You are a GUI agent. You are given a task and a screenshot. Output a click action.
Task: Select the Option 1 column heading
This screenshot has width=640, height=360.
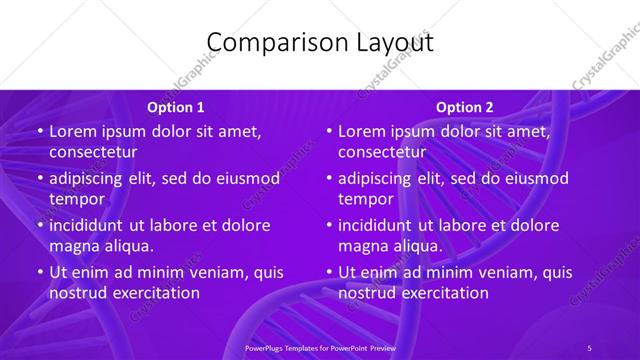coord(176,107)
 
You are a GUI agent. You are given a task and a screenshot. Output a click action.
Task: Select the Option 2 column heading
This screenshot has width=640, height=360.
coord(465,107)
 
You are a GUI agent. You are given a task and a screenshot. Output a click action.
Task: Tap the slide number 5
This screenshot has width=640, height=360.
coord(589,347)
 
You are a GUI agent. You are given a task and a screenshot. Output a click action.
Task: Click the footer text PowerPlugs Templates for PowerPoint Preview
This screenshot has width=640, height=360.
coord(319,347)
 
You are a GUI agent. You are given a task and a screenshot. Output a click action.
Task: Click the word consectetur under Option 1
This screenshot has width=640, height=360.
coord(93,152)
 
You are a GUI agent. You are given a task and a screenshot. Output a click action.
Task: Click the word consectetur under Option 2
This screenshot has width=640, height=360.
coord(382,152)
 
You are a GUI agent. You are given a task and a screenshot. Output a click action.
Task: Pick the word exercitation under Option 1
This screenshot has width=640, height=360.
coord(153,293)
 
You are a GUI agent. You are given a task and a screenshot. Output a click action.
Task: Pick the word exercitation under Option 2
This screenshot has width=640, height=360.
coord(442,293)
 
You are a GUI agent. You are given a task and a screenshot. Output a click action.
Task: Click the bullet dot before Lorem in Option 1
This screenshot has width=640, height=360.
coord(38,132)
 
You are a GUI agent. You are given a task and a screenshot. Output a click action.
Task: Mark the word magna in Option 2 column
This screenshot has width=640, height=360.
coord(363,245)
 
